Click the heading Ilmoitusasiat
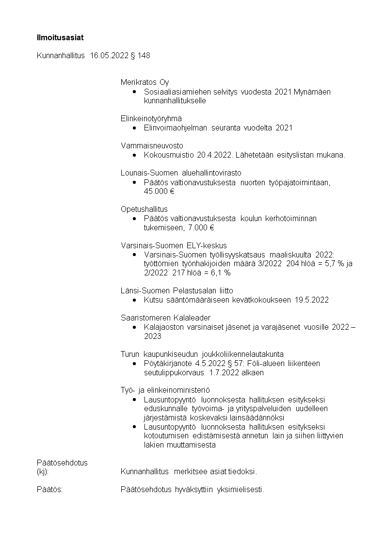pyautogui.click(x=57, y=37)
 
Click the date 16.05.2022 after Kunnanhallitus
pyautogui.click(x=109, y=56)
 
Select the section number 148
pyautogui.click(x=144, y=56)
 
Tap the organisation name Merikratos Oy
pyautogui.click(x=144, y=82)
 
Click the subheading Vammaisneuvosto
pyautogui.click(x=145, y=145)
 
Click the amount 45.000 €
pyautogui.click(x=159, y=191)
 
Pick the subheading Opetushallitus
pyautogui.click(x=144, y=209)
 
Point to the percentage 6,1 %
pyautogui.click(x=218, y=273)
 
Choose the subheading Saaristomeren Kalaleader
pyautogui.click(x=165, y=318)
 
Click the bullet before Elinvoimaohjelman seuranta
pyautogui.click(x=134, y=128)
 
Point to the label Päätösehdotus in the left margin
pyautogui.click(x=62, y=463)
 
